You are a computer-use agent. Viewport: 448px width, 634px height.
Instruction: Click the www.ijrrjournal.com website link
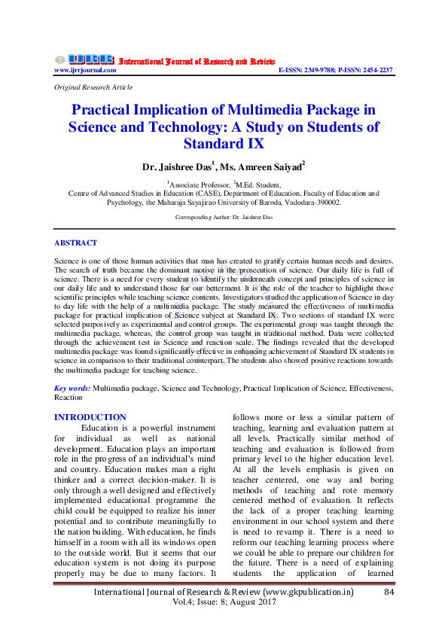[x=85, y=70]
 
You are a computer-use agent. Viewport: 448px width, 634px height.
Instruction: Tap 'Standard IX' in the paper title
[x=224, y=143]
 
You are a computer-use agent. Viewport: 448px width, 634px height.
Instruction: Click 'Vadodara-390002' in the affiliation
[x=310, y=203]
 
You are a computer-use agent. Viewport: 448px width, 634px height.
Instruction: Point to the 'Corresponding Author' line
[x=224, y=218]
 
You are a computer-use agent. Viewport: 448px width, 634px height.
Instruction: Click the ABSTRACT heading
[x=76, y=242]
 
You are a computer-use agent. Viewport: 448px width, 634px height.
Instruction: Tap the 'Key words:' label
[x=73, y=388]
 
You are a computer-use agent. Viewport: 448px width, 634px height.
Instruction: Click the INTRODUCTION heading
[x=90, y=417]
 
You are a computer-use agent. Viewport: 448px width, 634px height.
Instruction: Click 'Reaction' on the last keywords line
[x=69, y=397]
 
